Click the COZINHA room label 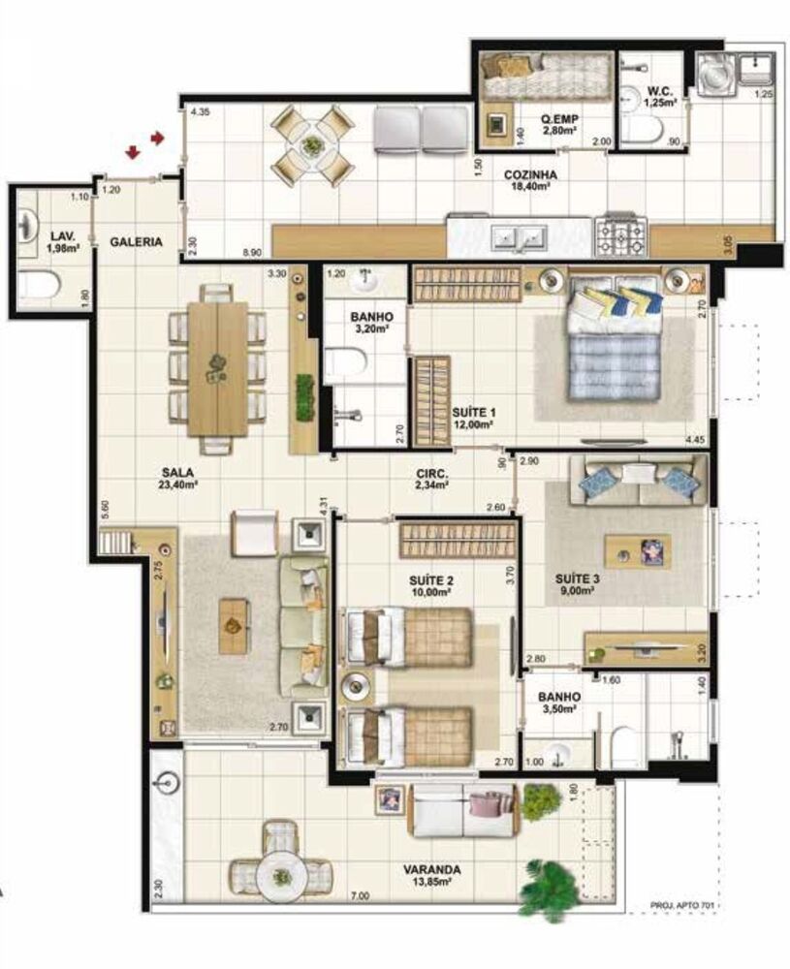pyautogui.click(x=529, y=175)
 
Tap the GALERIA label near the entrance pyautogui.click(x=136, y=242)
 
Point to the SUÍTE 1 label pyautogui.click(x=472, y=411)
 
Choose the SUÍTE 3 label pyautogui.click(x=578, y=578)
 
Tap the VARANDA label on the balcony pyautogui.click(x=433, y=869)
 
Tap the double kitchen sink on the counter pyautogui.click(x=518, y=235)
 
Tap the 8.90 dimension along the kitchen pyautogui.click(x=252, y=253)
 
